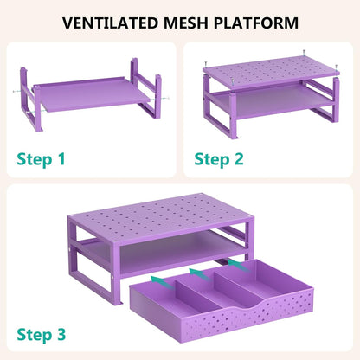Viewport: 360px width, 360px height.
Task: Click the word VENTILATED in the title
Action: [x=110, y=23]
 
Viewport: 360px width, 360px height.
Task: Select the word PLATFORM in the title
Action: [x=256, y=23]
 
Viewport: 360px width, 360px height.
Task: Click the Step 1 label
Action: [x=42, y=159]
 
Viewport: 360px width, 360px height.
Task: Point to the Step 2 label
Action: [x=219, y=159]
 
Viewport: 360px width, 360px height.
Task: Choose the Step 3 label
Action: [x=42, y=335]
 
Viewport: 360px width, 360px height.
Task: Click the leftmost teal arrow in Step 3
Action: [x=162, y=282]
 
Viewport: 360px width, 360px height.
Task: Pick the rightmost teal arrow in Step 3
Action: [x=238, y=266]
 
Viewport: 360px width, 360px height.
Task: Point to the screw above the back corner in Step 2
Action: [x=304, y=52]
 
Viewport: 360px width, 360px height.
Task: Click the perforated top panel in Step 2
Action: [x=272, y=72]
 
